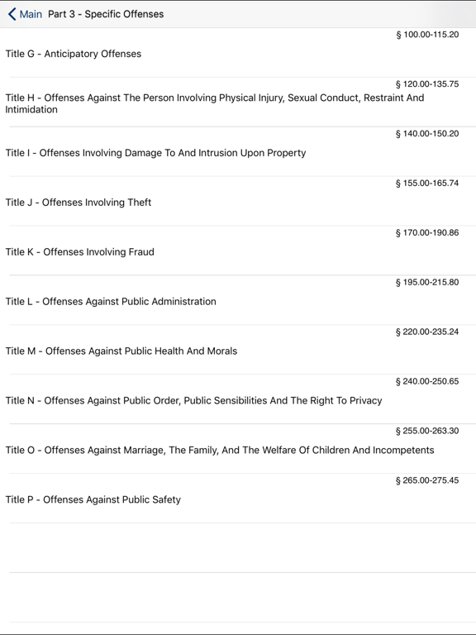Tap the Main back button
pyautogui.click(x=25, y=14)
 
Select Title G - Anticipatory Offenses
pyautogui.click(x=74, y=54)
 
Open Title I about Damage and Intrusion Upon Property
pyautogui.click(x=155, y=153)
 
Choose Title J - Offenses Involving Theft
pyautogui.click(x=79, y=203)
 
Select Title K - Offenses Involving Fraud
pyautogui.click(x=79, y=252)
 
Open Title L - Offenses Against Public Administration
pyautogui.click(x=111, y=302)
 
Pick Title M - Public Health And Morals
pyautogui.click(x=121, y=351)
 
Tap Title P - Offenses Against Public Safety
pyautogui.click(x=93, y=500)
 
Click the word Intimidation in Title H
pyautogui.click(x=31, y=109)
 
